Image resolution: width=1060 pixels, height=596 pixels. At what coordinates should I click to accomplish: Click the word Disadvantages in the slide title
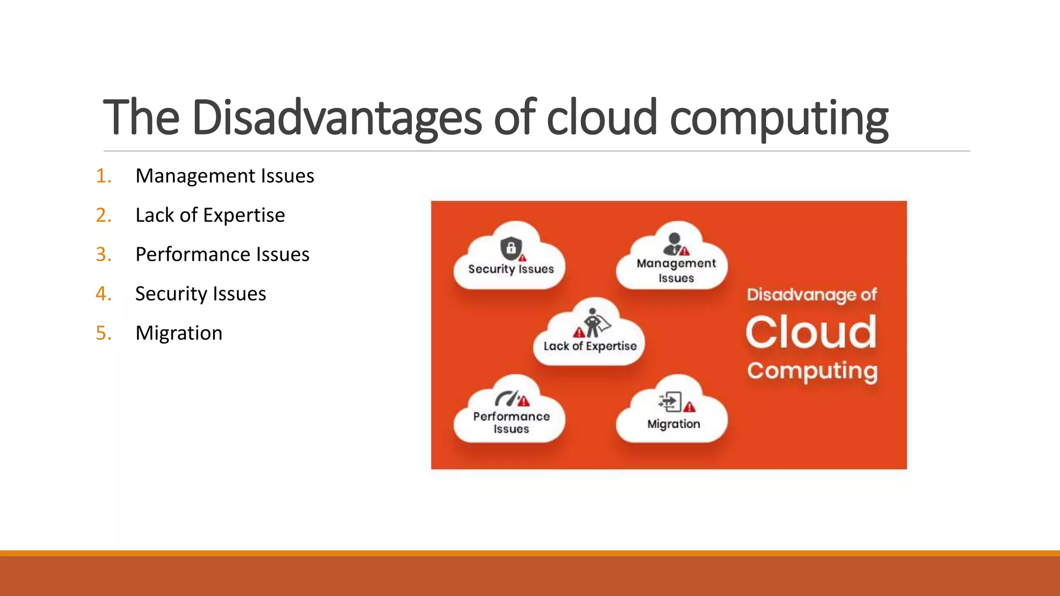point(336,118)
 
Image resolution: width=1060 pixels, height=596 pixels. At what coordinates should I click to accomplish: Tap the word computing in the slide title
point(779,118)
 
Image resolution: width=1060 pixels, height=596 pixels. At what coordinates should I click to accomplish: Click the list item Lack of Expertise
point(210,215)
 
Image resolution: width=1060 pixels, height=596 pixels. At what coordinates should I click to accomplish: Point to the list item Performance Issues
point(222,255)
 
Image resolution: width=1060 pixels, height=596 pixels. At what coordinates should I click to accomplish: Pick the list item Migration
point(179,333)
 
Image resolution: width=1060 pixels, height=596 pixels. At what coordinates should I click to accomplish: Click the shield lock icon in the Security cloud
point(511,248)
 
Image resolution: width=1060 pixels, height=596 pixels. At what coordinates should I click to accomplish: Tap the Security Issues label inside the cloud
point(511,269)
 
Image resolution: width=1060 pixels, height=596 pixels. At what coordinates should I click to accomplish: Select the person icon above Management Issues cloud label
point(674,244)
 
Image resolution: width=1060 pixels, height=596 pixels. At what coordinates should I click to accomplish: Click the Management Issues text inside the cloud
point(676,271)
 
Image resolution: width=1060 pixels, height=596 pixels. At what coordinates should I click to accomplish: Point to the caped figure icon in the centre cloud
point(593,323)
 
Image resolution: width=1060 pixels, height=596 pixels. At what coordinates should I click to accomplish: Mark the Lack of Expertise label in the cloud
point(590,346)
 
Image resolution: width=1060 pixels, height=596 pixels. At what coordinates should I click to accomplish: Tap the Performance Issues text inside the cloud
point(511,422)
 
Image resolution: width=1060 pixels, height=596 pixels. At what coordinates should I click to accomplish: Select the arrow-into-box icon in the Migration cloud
point(670,401)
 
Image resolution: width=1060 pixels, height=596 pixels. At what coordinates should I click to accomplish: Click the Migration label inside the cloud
point(673,424)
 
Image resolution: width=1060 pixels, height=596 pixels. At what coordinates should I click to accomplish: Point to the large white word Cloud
point(811,332)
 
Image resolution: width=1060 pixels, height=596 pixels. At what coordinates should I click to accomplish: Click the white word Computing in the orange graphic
point(812,371)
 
